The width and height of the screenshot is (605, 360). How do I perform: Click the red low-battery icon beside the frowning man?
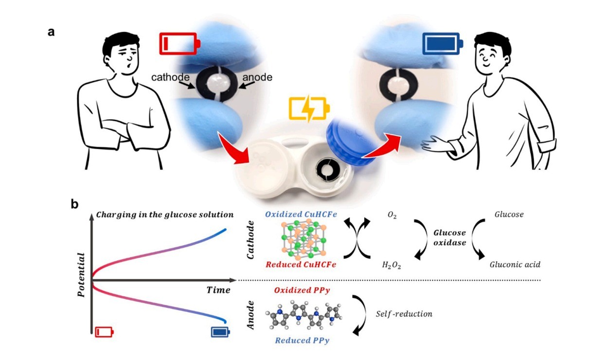178,44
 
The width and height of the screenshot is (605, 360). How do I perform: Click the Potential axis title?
82,275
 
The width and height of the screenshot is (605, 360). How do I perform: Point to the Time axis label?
218,290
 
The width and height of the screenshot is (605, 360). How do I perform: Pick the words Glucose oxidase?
450,237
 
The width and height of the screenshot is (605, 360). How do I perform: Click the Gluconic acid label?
515,265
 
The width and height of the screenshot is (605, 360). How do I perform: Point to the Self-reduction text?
404,314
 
